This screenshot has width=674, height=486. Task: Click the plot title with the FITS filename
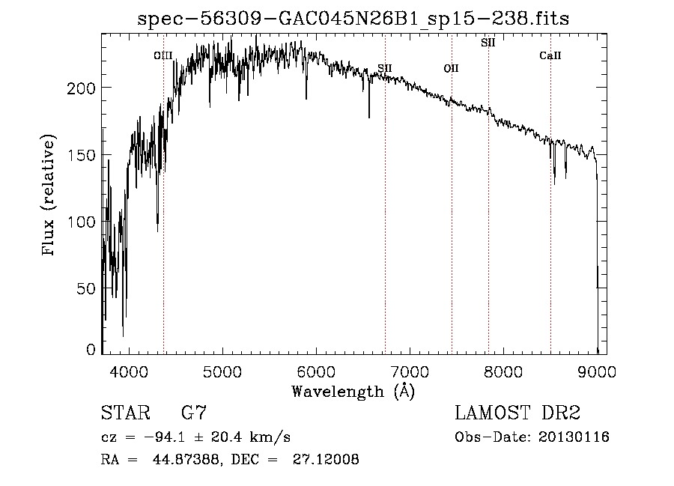tap(353, 19)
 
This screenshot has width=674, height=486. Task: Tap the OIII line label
tap(163, 55)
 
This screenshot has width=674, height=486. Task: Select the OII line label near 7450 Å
tap(451, 68)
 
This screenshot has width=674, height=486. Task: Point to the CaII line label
tap(550, 55)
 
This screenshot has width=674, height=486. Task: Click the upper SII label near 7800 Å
tap(488, 43)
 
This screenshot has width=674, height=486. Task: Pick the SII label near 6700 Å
tap(385, 68)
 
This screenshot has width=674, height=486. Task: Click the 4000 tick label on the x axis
tap(129, 371)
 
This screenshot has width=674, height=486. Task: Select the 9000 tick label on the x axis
tap(597, 371)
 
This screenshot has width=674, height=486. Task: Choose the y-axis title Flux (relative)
tap(50, 196)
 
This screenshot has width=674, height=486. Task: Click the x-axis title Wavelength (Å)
tap(353, 391)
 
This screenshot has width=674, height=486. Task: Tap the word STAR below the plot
tap(122, 413)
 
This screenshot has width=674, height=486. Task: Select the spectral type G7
tap(194, 413)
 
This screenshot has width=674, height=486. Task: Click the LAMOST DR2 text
tap(517, 413)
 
